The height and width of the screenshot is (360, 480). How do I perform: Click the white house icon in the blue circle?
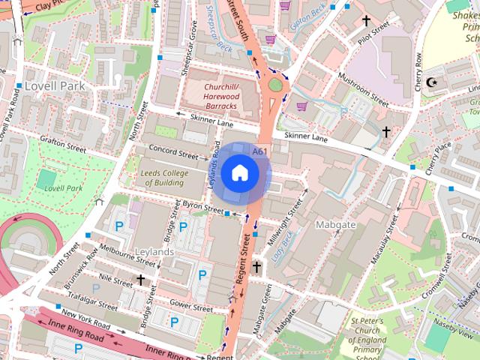point(239,172)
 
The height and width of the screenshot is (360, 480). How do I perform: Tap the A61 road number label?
point(260,151)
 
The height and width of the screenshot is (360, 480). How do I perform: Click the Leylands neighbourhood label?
point(154,252)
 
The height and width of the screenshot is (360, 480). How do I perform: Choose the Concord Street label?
point(172,152)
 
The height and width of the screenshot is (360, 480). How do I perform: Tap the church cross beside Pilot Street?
point(367,22)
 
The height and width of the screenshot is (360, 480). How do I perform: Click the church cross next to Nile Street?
point(139,280)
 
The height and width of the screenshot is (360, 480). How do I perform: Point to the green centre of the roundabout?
point(276,85)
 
